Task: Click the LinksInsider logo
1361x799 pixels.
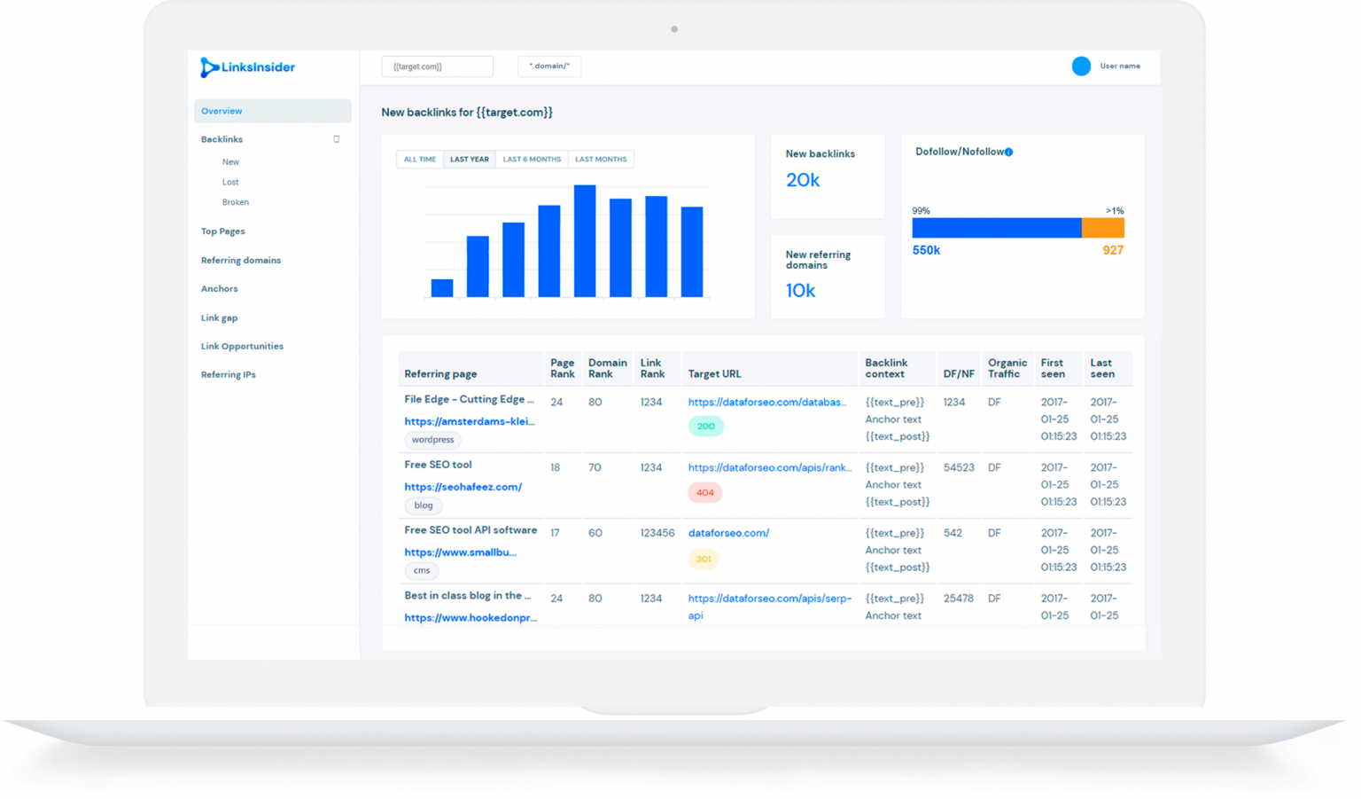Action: pyautogui.click(x=247, y=67)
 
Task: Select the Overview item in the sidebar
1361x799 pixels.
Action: pyautogui.click(x=222, y=111)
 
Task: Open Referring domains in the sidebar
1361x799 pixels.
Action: pyautogui.click(x=240, y=261)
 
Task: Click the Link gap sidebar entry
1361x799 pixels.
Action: pyautogui.click(x=219, y=317)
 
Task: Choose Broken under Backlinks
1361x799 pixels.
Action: pyautogui.click(x=235, y=202)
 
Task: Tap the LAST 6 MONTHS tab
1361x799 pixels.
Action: pyautogui.click(x=532, y=160)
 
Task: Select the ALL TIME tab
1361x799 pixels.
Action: pyautogui.click(x=419, y=160)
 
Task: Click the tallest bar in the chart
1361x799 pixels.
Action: pyautogui.click(x=585, y=240)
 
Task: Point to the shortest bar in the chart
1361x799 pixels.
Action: pyautogui.click(x=442, y=287)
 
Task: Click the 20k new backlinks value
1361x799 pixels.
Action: pyautogui.click(x=803, y=180)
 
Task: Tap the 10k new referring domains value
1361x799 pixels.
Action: pyautogui.click(x=800, y=291)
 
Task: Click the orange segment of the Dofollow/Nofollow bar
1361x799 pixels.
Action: pyautogui.click(x=1102, y=228)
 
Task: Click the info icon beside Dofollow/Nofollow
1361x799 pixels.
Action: pyautogui.click(x=1009, y=153)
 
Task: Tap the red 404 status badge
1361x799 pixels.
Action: pyautogui.click(x=705, y=492)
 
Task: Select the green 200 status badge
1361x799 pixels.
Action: pyautogui.click(x=705, y=427)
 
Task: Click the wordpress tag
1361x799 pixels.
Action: pyautogui.click(x=432, y=440)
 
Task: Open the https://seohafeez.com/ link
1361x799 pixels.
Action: pyautogui.click(x=463, y=487)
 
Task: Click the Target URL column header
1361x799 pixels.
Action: pyautogui.click(x=714, y=374)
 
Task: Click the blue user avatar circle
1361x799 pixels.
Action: pyautogui.click(x=1081, y=67)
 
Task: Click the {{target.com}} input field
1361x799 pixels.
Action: pyautogui.click(x=437, y=67)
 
